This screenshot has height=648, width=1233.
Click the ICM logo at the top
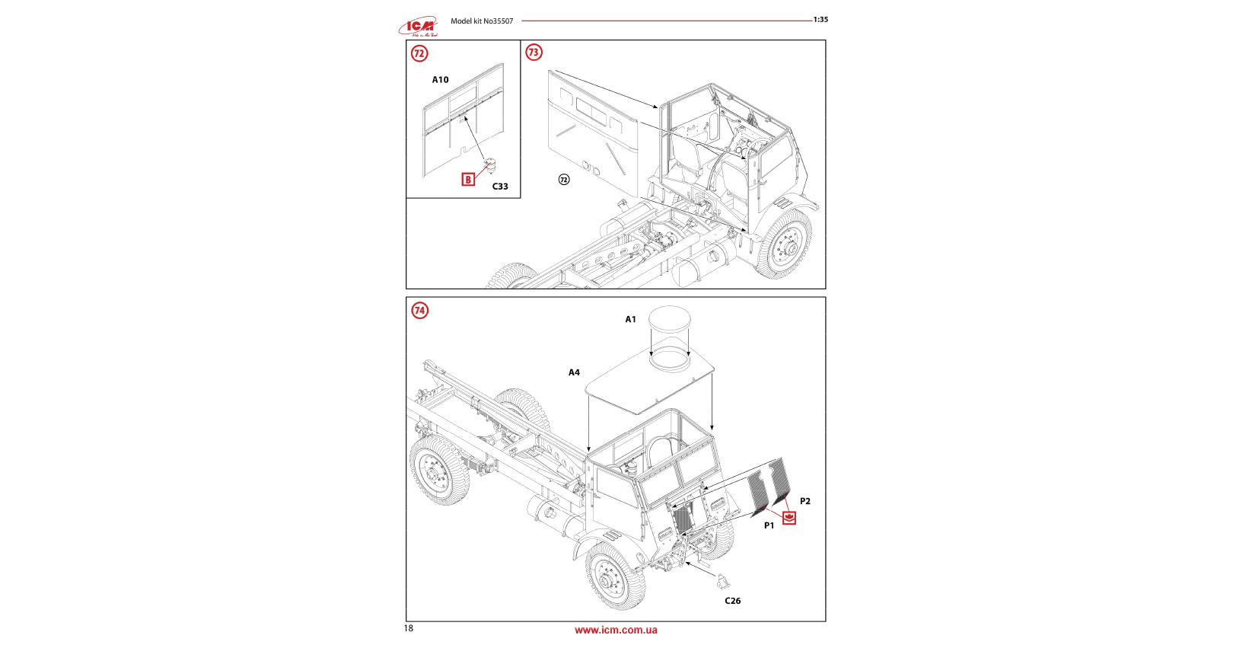pos(419,27)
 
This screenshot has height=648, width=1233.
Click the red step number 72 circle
pos(419,53)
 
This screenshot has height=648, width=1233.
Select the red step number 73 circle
pos(534,53)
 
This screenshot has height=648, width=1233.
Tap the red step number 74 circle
pos(419,311)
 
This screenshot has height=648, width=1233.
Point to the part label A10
pos(440,80)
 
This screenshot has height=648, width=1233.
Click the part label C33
pos(499,187)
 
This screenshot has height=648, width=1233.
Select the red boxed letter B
pos(468,180)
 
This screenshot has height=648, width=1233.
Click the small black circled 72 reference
pos(564,180)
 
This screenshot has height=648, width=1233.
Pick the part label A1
pos(630,320)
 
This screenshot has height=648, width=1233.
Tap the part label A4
pos(574,373)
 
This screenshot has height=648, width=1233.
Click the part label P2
pos(804,502)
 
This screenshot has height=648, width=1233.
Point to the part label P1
pos(769,526)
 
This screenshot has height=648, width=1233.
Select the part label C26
pos(732,602)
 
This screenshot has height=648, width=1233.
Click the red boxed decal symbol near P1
pos(789,519)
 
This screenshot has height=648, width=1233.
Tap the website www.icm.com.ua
pos(616,630)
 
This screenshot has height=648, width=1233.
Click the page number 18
pos(409,629)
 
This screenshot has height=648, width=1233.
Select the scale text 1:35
pos(820,20)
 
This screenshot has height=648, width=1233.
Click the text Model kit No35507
pos(482,21)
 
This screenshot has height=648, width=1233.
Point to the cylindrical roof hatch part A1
pos(670,337)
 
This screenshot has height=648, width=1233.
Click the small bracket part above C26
pos(721,582)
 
